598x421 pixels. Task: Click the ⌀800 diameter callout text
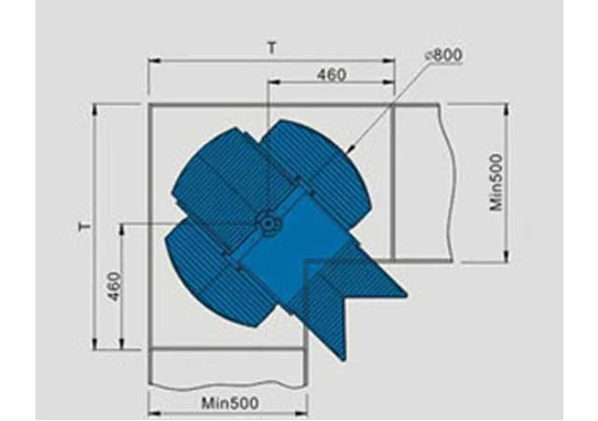443,55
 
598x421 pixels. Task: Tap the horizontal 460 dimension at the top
332,75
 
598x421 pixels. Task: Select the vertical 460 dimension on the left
115,286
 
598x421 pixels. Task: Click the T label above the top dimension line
272,49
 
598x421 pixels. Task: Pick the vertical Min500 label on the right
496,182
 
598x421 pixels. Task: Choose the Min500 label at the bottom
230,403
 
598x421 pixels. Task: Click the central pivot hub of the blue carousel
268,224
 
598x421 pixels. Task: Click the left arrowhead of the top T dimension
153,61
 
